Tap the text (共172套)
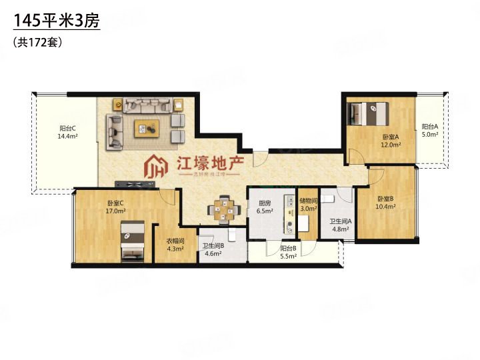(37, 42)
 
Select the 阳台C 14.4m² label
(67, 132)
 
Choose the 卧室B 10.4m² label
(386, 203)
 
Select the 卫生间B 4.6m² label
(213, 249)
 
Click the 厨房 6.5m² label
(265, 207)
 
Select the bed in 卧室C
(131, 241)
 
